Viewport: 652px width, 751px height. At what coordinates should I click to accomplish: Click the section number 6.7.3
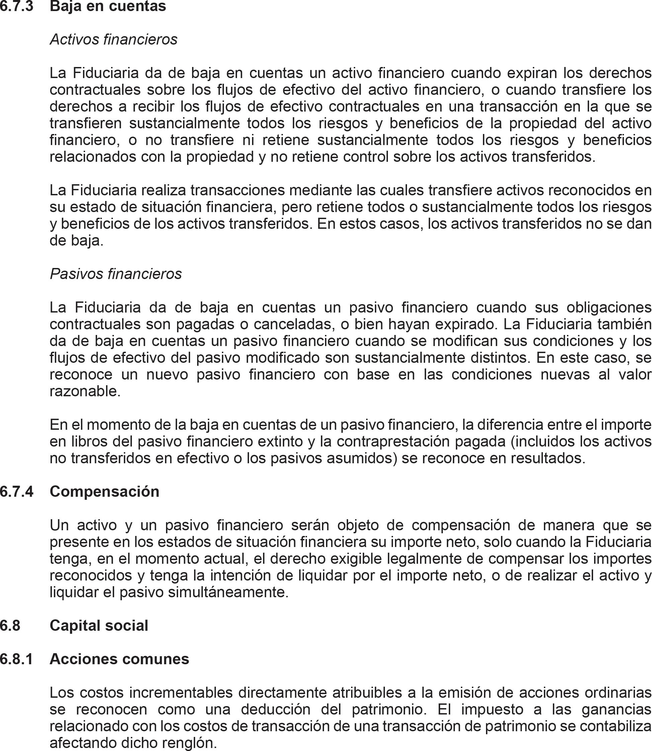coord(17,6)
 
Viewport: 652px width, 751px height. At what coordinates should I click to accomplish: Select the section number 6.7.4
coord(17,491)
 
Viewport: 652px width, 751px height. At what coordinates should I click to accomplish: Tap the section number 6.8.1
coord(17,659)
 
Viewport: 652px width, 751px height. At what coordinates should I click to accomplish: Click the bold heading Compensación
coord(104,491)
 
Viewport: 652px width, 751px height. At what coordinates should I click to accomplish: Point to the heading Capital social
coord(99,625)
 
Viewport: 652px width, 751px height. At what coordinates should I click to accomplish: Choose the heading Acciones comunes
coord(119,659)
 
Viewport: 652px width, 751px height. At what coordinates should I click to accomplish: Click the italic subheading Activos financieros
coord(113,40)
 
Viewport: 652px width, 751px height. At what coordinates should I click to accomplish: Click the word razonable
coord(85,391)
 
